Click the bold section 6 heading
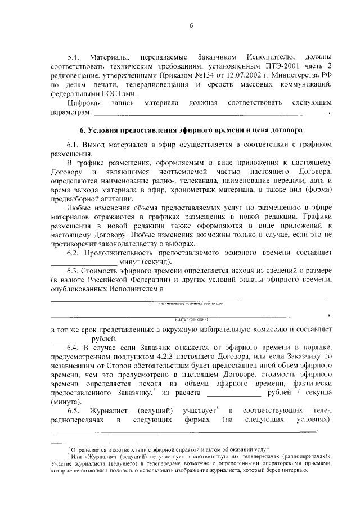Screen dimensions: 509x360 click(x=191, y=130)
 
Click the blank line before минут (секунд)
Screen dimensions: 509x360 click(x=84, y=263)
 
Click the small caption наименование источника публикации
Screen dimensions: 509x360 click(x=191, y=303)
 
